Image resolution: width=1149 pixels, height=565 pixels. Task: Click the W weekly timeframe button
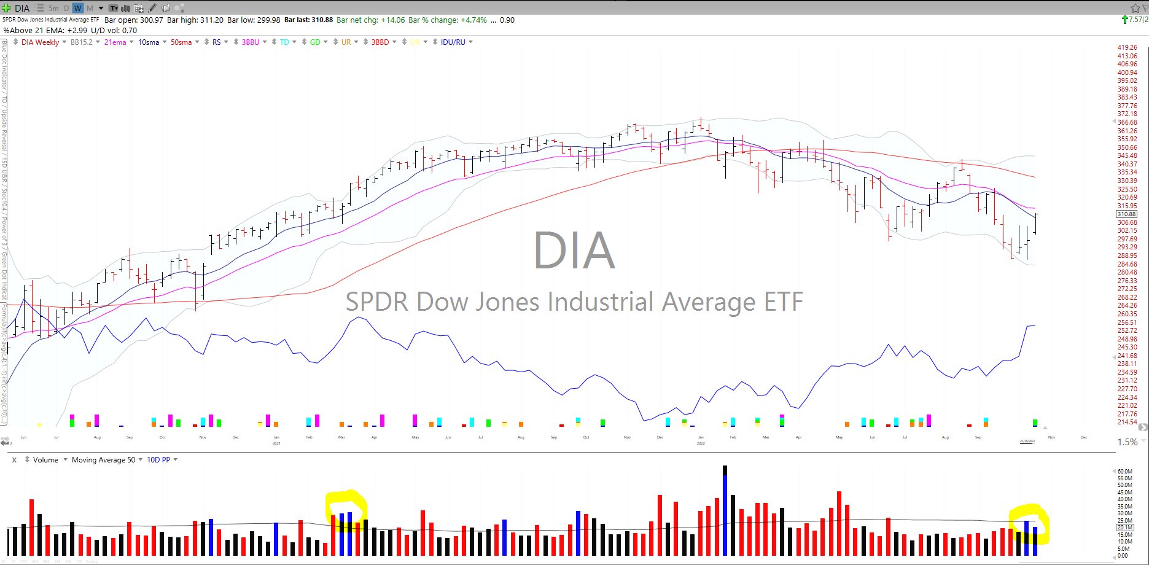pos(77,8)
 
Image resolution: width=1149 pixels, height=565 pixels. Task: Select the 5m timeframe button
pos(53,8)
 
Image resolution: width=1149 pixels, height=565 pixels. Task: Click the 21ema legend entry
pos(115,42)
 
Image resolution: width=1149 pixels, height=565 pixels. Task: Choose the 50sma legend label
pos(181,42)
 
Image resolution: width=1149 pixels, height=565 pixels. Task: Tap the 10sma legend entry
pos(149,42)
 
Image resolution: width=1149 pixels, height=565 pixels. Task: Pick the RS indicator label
pos(217,42)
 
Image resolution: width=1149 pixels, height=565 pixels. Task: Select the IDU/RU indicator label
pos(453,42)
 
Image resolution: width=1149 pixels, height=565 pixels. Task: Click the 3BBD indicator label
pos(380,42)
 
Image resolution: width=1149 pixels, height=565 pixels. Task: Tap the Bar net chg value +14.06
pos(392,20)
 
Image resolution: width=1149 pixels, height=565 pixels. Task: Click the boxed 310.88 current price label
pos(1126,214)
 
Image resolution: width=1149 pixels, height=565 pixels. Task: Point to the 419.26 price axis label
pos(1127,47)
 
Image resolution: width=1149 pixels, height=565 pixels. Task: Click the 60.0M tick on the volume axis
pos(1124,471)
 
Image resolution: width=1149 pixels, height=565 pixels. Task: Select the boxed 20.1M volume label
pos(1124,528)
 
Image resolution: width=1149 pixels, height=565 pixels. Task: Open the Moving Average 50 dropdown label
pos(103,460)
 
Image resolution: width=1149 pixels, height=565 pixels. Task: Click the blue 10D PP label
pos(158,460)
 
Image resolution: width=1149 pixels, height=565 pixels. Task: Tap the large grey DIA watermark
pos(574,251)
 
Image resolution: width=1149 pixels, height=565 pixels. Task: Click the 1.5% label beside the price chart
pos(1127,442)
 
